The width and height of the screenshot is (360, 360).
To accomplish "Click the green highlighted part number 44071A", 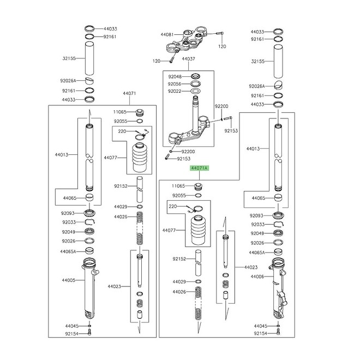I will pyautogui.click(x=199, y=169).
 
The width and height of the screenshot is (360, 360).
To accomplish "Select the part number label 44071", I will pyautogui.click(x=129, y=94).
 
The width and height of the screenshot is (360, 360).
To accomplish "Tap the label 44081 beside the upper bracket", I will pyautogui.click(x=167, y=34).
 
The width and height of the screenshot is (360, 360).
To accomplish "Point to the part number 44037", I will pyautogui.click(x=188, y=58).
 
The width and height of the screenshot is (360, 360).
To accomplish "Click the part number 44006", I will pyautogui.click(x=257, y=277).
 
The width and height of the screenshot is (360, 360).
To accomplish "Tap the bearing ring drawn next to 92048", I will pyautogui.click(x=194, y=76).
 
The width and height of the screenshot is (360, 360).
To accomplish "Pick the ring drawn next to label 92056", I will pyautogui.click(x=194, y=84).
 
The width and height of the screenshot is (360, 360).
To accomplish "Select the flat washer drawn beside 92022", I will pyautogui.click(x=194, y=92).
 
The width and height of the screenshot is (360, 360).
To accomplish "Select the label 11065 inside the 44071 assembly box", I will pyautogui.click(x=119, y=112).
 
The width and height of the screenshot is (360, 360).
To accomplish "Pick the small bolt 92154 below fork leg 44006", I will pyautogui.click(x=278, y=332).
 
